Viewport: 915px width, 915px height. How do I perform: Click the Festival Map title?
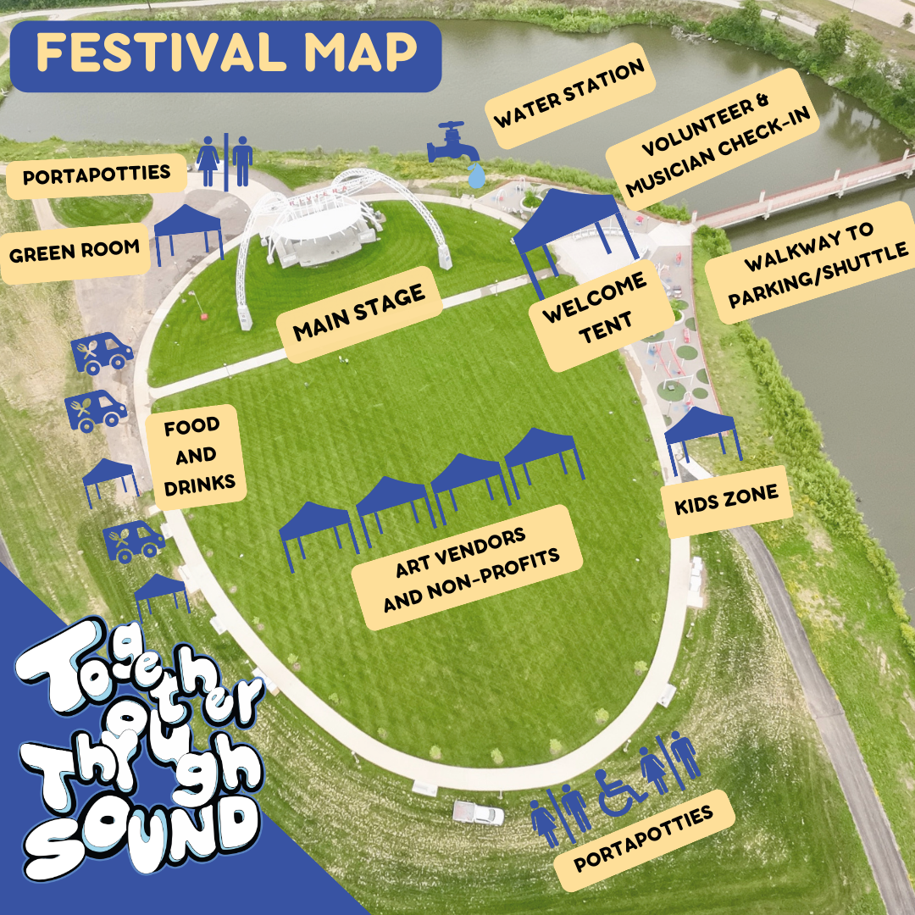(x=227, y=54)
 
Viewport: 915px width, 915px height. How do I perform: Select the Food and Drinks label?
(x=192, y=456)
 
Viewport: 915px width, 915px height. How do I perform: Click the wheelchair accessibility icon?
(x=618, y=791)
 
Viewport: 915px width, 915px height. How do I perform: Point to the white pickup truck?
(x=478, y=813)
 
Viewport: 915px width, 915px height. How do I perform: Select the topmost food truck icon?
(x=102, y=353)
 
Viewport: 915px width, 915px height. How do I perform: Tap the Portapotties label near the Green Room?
(x=97, y=175)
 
